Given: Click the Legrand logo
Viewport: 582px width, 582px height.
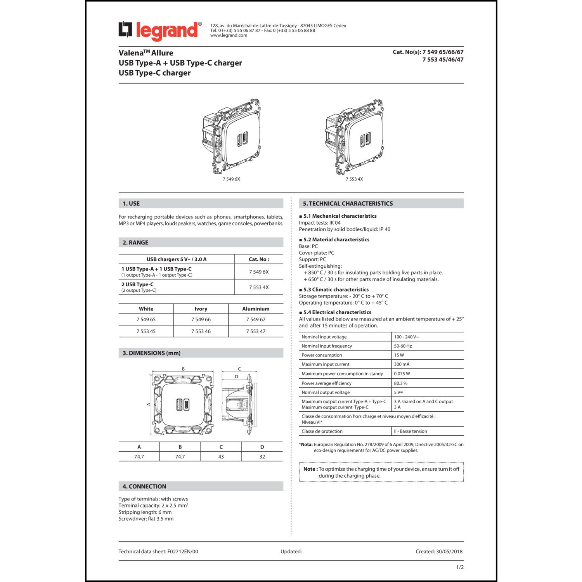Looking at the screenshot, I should click(160, 31).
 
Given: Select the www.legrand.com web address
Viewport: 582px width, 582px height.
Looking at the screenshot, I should click(229, 35).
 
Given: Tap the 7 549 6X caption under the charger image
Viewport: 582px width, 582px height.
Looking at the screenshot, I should click(231, 179).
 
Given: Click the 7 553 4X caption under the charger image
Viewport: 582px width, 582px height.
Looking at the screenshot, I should click(354, 179).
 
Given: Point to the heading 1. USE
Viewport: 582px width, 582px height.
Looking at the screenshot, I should click(131, 204).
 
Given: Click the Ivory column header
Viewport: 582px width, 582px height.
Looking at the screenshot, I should click(201, 309).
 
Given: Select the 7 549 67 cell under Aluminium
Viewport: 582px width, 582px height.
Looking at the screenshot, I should click(256, 320).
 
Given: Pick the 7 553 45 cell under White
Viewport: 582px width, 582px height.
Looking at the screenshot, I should click(146, 331).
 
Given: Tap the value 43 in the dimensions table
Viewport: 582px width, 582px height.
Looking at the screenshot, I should click(221, 457).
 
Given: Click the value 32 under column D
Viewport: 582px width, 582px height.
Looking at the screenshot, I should click(262, 457).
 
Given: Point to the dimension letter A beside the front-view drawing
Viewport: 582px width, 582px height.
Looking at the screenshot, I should click(149, 404).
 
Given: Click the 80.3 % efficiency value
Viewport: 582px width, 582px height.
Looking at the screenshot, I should click(400, 383).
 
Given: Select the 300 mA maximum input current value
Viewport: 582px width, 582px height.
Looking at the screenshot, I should click(402, 364).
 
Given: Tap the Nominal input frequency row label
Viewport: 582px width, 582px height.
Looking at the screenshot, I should click(327, 346).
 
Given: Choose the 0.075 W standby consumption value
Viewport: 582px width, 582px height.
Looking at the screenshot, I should click(402, 374).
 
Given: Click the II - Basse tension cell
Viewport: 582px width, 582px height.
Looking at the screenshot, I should click(411, 431).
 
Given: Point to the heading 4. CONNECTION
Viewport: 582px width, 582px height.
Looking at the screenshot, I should click(144, 487).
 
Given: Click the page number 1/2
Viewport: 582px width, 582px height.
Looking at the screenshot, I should click(460, 567).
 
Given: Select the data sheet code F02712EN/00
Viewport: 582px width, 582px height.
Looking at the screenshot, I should click(183, 552).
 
